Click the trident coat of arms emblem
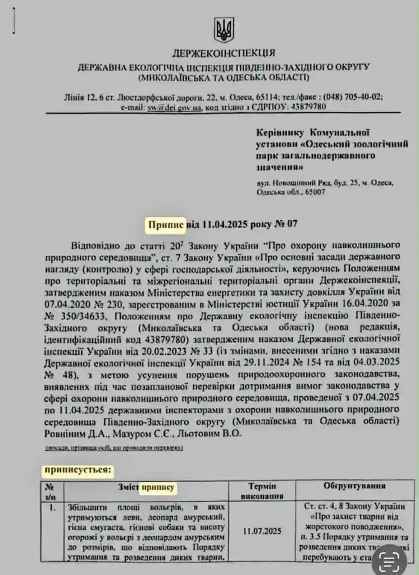point(224,29)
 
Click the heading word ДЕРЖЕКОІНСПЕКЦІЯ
point(224,54)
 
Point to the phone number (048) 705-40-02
point(349,97)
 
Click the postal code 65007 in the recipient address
point(313,193)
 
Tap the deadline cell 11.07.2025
point(262,530)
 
